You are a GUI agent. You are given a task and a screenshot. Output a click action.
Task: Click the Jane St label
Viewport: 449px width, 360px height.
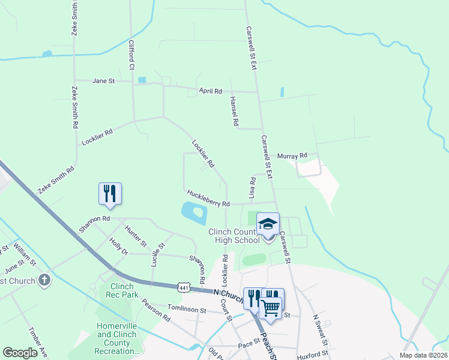(x=103, y=80)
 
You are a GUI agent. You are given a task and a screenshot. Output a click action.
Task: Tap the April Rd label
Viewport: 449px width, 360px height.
(x=211, y=91)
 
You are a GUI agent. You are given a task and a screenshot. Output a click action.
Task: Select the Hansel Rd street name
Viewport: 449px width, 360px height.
(x=234, y=112)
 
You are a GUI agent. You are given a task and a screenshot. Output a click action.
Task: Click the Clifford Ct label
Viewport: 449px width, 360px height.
(x=131, y=54)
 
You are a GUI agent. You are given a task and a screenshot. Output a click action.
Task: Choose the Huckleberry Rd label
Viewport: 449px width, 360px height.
(x=208, y=199)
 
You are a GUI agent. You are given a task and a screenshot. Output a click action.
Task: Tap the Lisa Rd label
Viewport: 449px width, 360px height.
(x=252, y=188)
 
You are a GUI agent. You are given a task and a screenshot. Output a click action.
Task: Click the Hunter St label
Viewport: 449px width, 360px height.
(x=136, y=236)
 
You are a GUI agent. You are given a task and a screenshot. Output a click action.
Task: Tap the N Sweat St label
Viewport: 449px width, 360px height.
(x=320, y=331)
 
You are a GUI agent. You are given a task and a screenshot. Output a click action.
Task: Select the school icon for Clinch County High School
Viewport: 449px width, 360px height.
(x=268, y=224)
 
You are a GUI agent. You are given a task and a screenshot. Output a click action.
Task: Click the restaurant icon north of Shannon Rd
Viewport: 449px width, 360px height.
(x=110, y=193)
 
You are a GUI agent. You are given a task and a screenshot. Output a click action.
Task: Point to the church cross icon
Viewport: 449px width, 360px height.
(x=44, y=280)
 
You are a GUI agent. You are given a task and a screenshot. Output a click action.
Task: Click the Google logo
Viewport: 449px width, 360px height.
(x=20, y=353)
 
